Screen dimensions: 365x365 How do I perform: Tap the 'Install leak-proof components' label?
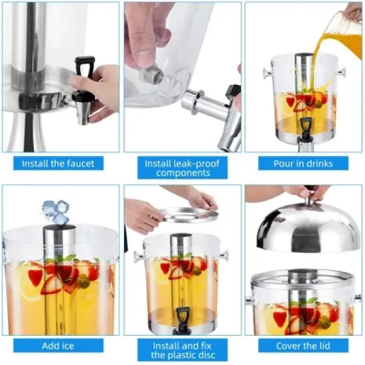click(181, 168)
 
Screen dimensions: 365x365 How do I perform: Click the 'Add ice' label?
click(58, 346)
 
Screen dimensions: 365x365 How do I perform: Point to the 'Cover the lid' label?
click(304, 346)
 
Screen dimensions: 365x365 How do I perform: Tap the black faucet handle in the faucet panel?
click(85, 67)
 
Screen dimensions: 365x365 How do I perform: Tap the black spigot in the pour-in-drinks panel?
click(306, 125)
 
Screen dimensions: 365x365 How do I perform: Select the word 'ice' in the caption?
click(70, 346)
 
